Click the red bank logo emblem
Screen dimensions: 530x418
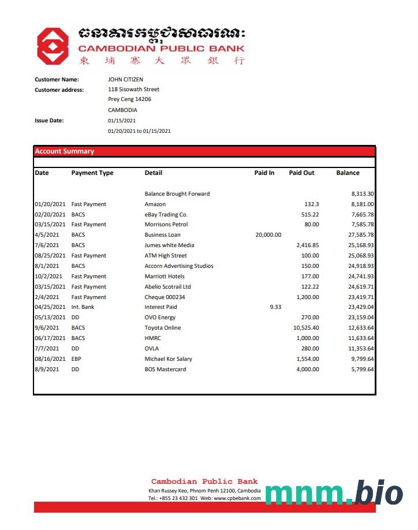click(x=53, y=46)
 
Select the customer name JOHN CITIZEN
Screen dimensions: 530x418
click(x=125, y=80)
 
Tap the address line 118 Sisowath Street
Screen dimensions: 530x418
click(x=133, y=89)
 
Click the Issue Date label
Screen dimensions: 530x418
click(x=49, y=121)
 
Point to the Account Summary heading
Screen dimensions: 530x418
click(x=64, y=151)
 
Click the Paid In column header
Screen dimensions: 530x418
click(x=264, y=173)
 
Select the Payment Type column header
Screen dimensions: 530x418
click(x=92, y=173)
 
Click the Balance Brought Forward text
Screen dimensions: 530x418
click(x=177, y=194)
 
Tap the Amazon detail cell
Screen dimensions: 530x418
click(x=155, y=204)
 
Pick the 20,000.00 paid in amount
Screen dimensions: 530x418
click(x=268, y=235)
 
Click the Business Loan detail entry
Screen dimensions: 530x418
click(x=162, y=235)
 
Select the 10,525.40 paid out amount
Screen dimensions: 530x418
click(x=307, y=328)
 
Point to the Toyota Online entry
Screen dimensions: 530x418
click(x=162, y=328)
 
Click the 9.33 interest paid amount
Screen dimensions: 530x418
click(x=275, y=307)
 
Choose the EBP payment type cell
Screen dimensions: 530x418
click(x=77, y=359)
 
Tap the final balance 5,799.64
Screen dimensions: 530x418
click(x=361, y=369)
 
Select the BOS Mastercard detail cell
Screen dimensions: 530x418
click(x=165, y=369)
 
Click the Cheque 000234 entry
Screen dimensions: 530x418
click(x=165, y=297)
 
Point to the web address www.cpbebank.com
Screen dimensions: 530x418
click(x=237, y=498)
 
